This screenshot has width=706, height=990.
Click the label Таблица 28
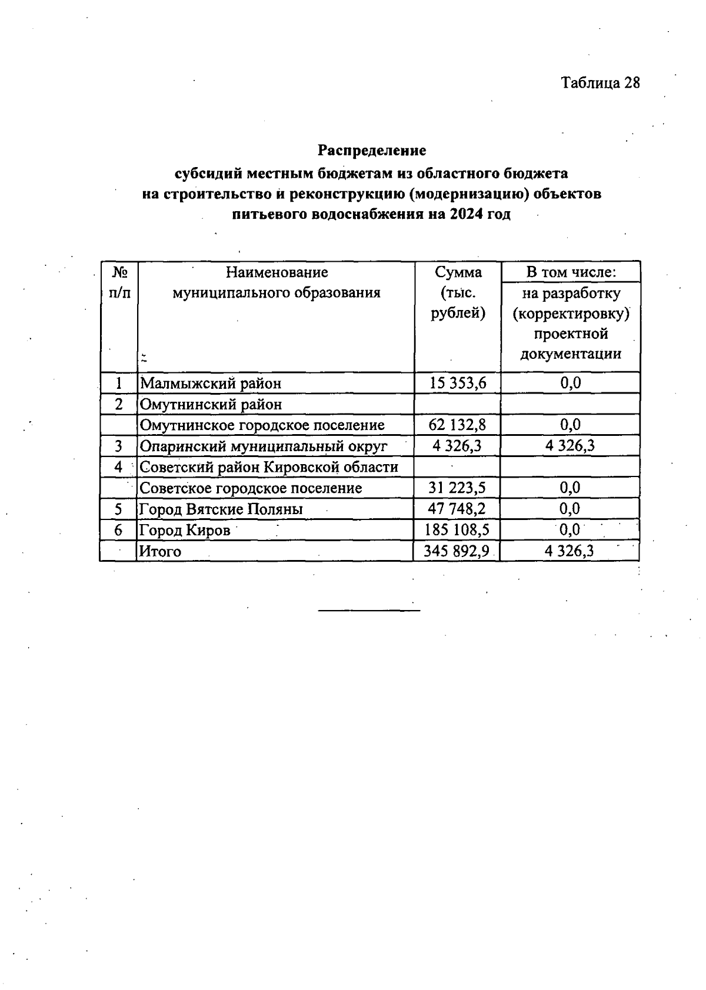[600, 83]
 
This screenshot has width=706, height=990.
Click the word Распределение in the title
[372, 151]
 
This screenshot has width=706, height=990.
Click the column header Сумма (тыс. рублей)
[458, 292]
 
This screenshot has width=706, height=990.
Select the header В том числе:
[571, 272]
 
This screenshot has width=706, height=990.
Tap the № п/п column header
[119, 282]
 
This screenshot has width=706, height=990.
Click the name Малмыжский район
[211, 384]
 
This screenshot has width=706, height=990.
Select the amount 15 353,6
[458, 383]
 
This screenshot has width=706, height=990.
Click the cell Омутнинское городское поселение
[262, 425]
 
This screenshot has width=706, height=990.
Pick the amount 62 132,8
[458, 425]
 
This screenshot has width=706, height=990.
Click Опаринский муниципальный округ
[264, 446]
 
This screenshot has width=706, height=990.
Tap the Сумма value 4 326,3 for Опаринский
[457, 446]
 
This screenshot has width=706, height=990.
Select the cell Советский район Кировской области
[269, 467]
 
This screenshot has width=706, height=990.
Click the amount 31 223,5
[457, 488]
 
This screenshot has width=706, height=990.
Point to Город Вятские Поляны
[221, 509]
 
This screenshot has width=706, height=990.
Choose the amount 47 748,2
[457, 509]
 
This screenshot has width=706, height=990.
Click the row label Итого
[159, 552]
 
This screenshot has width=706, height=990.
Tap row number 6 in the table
[119, 530]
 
